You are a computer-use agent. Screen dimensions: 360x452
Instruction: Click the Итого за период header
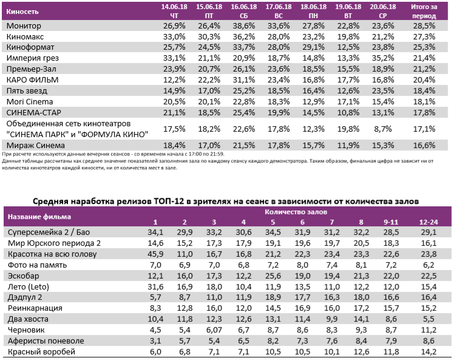[424, 11]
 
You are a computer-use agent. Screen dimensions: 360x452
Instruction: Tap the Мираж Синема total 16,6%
[424, 145]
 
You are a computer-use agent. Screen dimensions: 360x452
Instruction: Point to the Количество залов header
[296, 212]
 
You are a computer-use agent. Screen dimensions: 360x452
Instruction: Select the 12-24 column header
[430, 222]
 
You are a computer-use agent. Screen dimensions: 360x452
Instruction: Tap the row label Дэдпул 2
[24, 297]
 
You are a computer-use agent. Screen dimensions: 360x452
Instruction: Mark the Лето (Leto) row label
[28, 287]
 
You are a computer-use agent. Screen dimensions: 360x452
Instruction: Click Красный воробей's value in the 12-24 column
[430, 352]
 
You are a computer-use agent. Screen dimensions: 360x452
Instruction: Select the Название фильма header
[39, 216]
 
